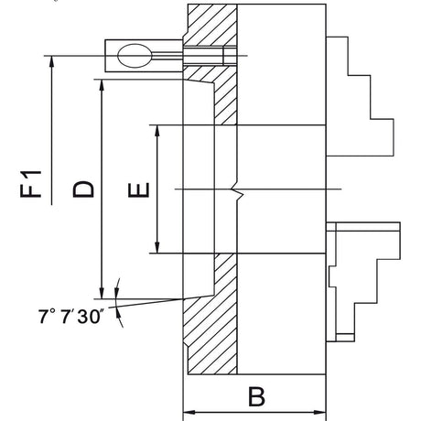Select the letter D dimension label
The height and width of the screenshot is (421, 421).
[82, 189]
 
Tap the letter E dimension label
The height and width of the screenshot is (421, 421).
[138, 189]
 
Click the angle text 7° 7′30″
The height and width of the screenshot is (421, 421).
[70, 315]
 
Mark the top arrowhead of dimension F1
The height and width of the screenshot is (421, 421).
[53, 62]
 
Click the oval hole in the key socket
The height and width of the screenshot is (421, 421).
[135, 57]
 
